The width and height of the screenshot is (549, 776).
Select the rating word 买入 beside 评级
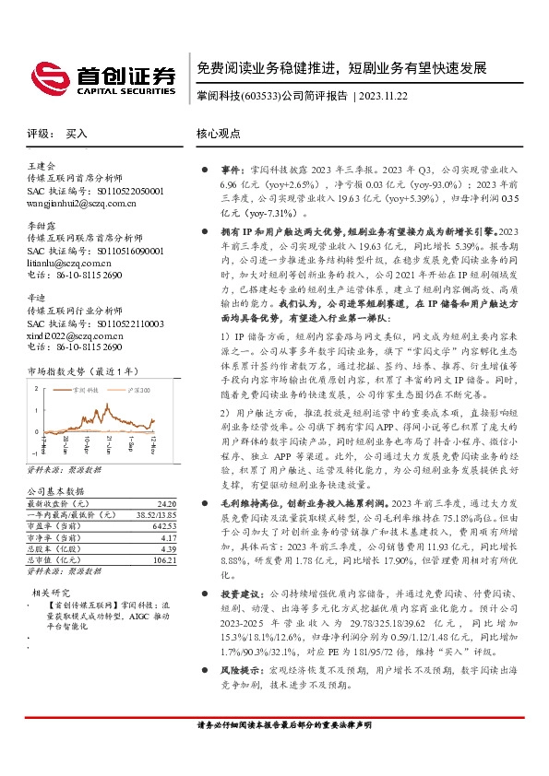(x=76, y=134)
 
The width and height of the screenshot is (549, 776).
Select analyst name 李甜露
(x=41, y=224)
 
